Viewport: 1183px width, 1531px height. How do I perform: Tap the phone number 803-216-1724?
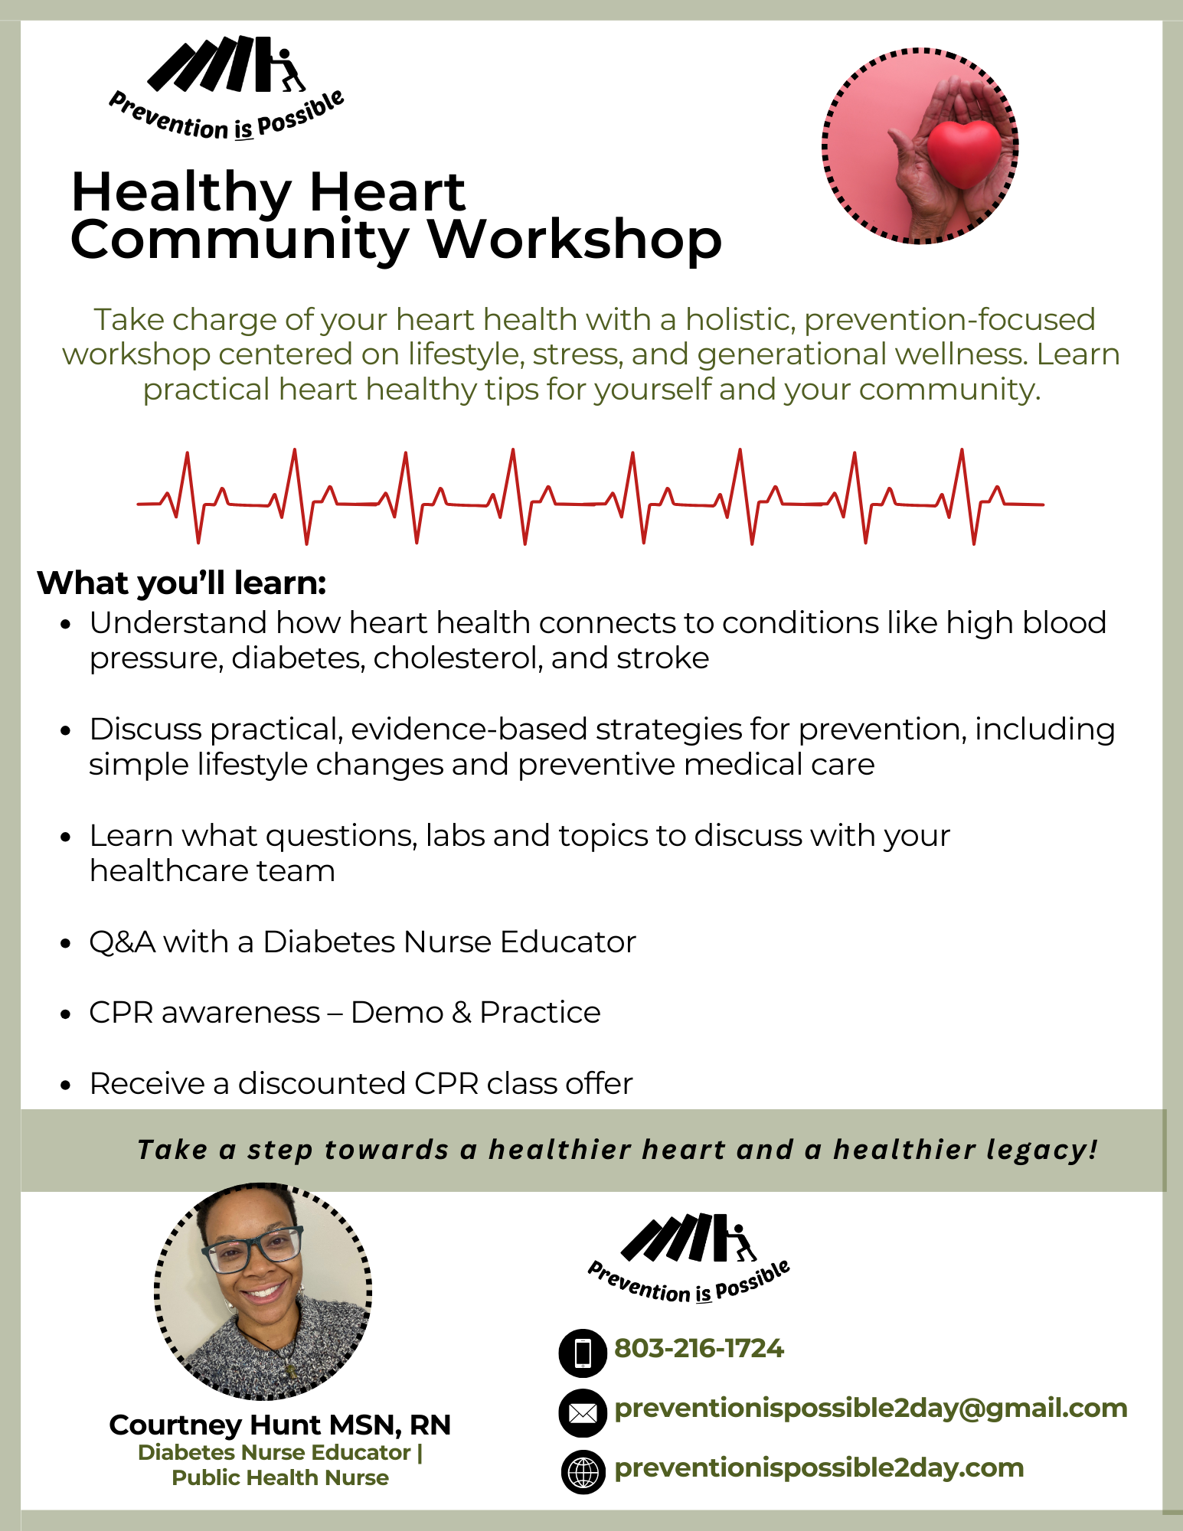tap(698, 1349)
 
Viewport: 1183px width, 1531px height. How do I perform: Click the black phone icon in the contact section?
tap(583, 1353)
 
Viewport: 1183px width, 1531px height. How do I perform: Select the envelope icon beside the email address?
tap(583, 1412)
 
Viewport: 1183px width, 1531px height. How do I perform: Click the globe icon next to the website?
tap(583, 1471)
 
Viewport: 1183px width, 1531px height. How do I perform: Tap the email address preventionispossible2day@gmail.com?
tap(870, 1409)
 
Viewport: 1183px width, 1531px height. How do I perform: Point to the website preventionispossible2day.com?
tap(819, 1468)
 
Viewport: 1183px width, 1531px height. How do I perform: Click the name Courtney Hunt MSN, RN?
tap(279, 1425)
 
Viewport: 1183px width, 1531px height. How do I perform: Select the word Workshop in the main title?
tap(574, 240)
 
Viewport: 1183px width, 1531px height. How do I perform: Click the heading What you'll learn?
tap(181, 583)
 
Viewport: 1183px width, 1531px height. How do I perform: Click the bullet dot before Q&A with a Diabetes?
tap(66, 943)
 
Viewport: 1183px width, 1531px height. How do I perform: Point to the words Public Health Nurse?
tap(279, 1477)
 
